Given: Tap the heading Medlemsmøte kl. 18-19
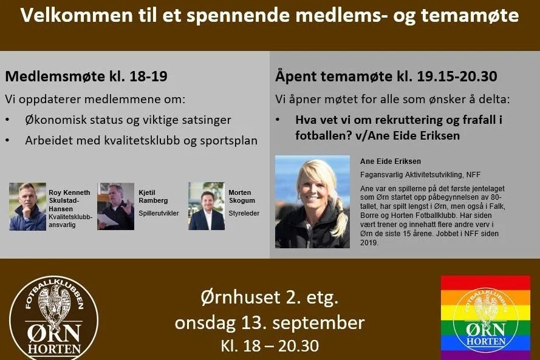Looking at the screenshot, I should pyautogui.click(x=86, y=77).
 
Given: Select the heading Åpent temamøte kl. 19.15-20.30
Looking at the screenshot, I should pyautogui.click(x=386, y=76).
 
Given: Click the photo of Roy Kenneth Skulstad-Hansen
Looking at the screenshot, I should pyautogui.click(x=27, y=206).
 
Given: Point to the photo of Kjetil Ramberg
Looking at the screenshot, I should pyautogui.click(x=115, y=206).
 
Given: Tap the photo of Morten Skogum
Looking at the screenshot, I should pyautogui.click(x=207, y=206).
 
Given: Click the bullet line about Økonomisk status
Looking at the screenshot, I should pyautogui.click(x=128, y=120).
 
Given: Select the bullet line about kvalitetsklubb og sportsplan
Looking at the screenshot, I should pyautogui.click(x=141, y=140).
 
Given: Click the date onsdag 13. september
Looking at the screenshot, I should pyautogui.click(x=270, y=322).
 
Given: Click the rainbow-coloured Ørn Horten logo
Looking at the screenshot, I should pyautogui.click(x=485, y=318).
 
